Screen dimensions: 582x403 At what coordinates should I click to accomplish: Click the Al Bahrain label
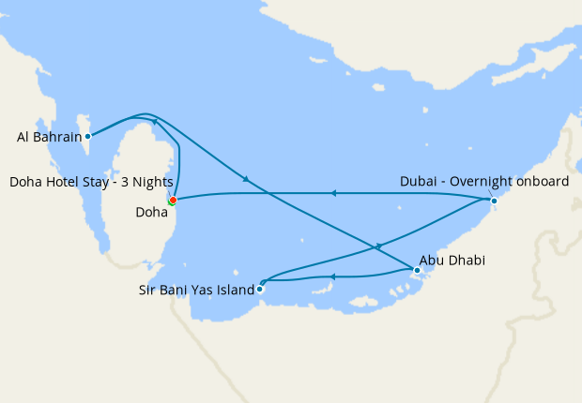coord(47,137)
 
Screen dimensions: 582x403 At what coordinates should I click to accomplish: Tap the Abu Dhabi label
coord(452,260)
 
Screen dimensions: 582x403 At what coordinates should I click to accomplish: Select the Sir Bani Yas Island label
coord(191,291)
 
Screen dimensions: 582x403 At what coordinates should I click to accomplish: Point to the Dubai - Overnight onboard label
coord(484,182)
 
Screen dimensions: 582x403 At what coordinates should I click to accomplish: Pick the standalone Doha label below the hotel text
coord(152,213)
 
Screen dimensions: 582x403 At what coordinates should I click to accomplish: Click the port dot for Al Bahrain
coord(88,135)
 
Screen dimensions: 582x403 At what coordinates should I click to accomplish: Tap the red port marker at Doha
coord(173,200)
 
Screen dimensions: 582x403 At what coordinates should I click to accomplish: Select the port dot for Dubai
coord(494,200)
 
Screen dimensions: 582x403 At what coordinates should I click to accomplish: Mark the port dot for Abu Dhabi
coord(417,271)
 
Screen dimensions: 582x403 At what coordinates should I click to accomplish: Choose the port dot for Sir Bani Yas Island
coord(260,289)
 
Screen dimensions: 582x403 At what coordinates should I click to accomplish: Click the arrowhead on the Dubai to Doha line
coord(332,193)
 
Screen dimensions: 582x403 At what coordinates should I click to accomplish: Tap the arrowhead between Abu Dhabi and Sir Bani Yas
coord(334,276)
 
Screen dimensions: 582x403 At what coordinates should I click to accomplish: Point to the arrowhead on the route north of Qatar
coord(154,122)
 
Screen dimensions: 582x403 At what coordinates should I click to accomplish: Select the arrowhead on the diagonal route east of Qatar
coord(246,178)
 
